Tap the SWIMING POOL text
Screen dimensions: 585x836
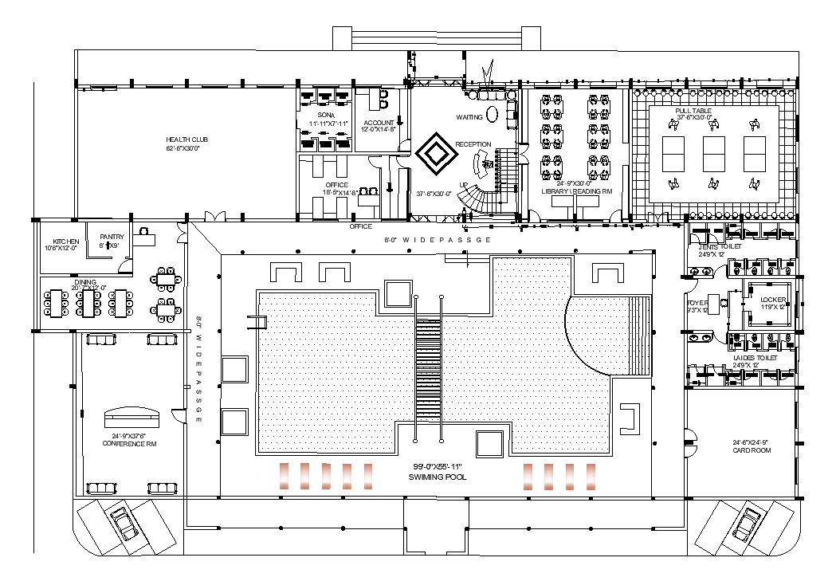pyautogui.click(x=438, y=477)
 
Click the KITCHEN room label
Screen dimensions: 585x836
pyautogui.click(x=66, y=241)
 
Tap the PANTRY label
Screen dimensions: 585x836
pyautogui.click(x=112, y=237)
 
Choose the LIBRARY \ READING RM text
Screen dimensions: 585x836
pyautogui.click(x=576, y=191)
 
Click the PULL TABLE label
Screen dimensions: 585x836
pyautogui.click(x=692, y=111)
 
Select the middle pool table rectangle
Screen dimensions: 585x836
pyautogui.click(x=713, y=155)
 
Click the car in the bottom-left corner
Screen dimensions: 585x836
pyautogui.click(x=126, y=524)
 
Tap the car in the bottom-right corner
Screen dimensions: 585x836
pyautogui.click(x=746, y=524)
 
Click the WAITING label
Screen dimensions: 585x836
pyautogui.click(x=469, y=117)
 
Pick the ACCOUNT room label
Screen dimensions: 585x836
pyautogui.click(x=378, y=123)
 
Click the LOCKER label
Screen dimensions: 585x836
pyautogui.click(x=772, y=300)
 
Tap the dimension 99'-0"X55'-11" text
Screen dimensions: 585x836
pyautogui.click(x=438, y=466)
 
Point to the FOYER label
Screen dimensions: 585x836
pyautogui.click(x=698, y=303)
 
